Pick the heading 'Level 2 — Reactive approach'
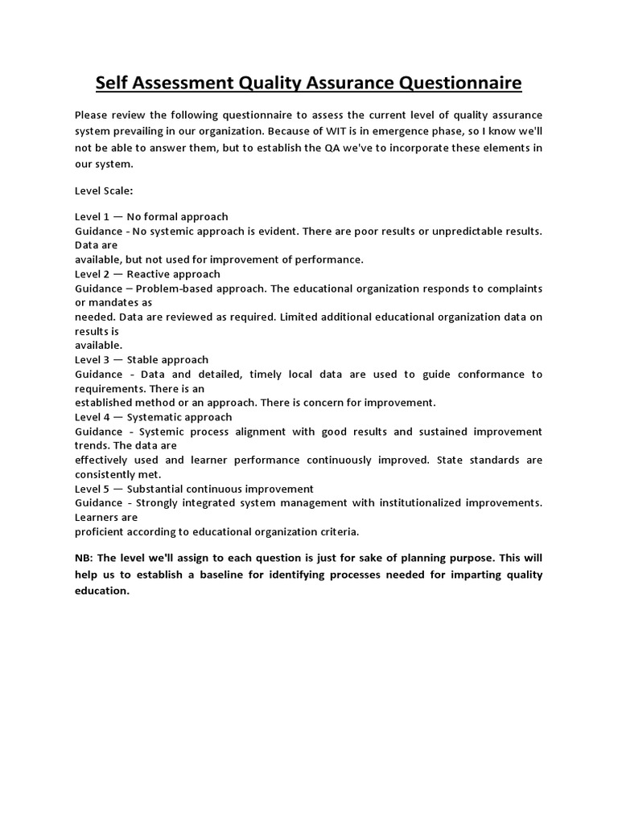[x=147, y=274]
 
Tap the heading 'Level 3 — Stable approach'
[x=142, y=359]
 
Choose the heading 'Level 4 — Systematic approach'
[x=153, y=417]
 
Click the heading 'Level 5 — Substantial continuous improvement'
[x=194, y=489]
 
